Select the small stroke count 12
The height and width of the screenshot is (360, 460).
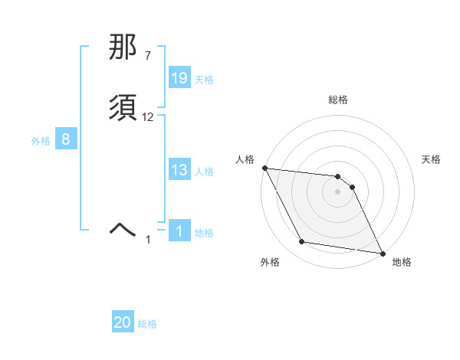(148, 117)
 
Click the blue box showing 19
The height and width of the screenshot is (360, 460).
(179, 78)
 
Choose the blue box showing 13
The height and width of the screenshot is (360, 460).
(179, 170)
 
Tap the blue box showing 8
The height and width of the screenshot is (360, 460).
(66, 139)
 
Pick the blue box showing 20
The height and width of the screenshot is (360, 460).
(123, 323)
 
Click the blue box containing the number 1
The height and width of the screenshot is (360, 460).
(179, 231)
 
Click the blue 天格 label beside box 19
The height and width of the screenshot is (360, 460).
(204, 80)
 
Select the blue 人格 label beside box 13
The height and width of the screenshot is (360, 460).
(204, 172)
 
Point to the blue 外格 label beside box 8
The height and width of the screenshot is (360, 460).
(41, 141)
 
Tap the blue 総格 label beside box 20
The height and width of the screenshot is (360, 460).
(147, 325)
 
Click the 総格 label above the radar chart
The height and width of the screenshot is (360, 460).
(338, 100)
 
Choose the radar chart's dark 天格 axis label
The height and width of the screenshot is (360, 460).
(431, 159)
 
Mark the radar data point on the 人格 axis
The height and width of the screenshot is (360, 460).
(264, 168)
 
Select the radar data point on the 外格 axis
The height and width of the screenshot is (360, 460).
(302, 242)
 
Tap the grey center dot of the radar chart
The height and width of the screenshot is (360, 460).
(338, 191)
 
